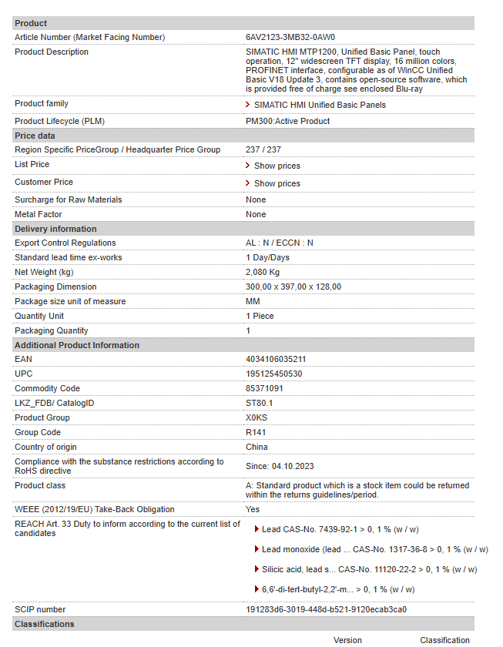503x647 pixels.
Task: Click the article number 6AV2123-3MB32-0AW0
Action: tap(290, 37)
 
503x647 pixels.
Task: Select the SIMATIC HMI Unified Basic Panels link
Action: tap(320, 105)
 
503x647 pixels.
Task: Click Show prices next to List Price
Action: tap(277, 166)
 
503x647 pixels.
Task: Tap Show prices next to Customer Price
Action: tap(277, 183)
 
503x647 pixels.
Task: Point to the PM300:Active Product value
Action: tap(287, 121)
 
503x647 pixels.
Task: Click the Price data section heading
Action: tap(35, 136)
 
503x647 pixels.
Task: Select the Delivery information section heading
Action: tap(55, 229)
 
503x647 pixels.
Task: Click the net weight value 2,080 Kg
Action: tap(263, 272)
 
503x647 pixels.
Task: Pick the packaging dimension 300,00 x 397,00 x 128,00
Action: tap(293, 287)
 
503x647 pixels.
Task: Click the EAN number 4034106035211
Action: tap(275, 359)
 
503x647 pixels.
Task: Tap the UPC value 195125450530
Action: tap(273, 374)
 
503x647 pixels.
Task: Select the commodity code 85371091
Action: tap(264, 388)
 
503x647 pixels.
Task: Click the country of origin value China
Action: tap(257, 447)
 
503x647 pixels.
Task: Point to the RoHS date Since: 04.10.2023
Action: tap(280, 466)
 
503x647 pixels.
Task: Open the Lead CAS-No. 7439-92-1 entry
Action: tap(340, 529)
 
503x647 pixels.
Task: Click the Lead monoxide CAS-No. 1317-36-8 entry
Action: tap(374, 549)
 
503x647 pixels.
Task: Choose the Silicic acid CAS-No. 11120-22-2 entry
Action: tap(369, 569)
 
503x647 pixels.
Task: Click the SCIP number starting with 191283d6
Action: tap(326, 609)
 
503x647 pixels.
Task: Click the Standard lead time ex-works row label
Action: tap(69, 257)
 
